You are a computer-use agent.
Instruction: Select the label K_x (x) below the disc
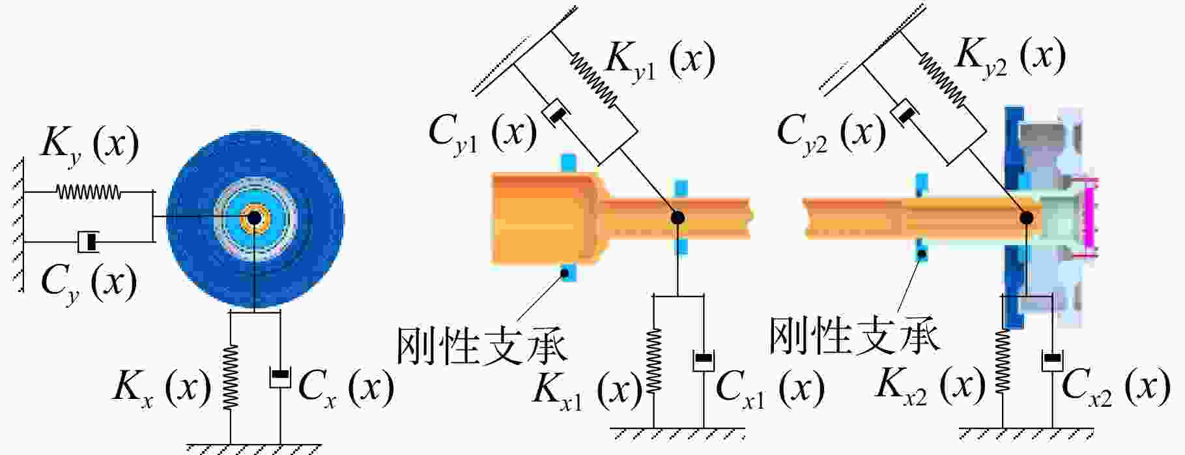point(162,389)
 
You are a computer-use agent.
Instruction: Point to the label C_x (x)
point(346,389)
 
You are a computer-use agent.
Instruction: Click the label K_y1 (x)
point(660,60)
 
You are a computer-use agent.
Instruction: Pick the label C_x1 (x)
point(770,390)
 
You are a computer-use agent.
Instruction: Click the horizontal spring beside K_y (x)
point(89,192)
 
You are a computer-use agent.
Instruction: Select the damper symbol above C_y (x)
point(89,242)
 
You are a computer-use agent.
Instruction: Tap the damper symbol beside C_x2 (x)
point(1052,360)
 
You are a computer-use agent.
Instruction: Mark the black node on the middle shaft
point(678,218)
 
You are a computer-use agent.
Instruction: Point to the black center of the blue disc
point(253,218)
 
